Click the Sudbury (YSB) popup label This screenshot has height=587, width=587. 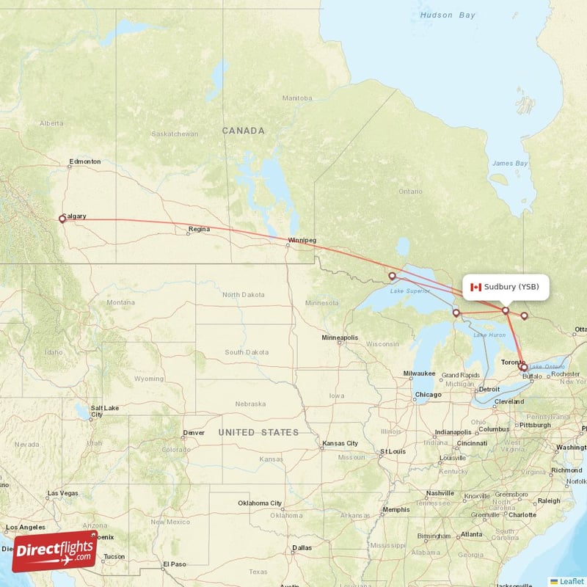pyautogui.click(x=506, y=287)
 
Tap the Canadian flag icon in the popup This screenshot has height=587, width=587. pyautogui.click(x=476, y=287)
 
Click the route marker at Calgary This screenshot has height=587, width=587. pyautogui.click(x=62, y=219)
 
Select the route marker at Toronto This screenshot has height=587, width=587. pyautogui.click(x=522, y=365)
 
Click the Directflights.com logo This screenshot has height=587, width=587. pyautogui.click(x=54, y=551)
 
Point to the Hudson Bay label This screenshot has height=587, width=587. pyautogui.click(x=448, y=15)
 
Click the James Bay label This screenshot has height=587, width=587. pyautogui.click(x=510, y=163)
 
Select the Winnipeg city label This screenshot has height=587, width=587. pyautogui.click(x=302, y=240)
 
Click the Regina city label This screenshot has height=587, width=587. pyautogui.click(x=199, y=230)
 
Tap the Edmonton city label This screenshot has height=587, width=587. pyautogui.click(x=84, y=161)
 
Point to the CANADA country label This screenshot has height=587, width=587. pyautogui.click(x=244, y=131)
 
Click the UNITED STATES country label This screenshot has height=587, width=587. pyautogui.click(x=258, y=432)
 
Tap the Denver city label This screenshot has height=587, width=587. pyautogui.click(x=194, y=432)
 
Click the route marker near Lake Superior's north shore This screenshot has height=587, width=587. pyautogui.click(x=393, y=277)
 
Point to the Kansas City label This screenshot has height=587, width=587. pyautogui.click(x=339, y=443)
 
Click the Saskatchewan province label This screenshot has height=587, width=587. pyautogui.click(x=174, y=134)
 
